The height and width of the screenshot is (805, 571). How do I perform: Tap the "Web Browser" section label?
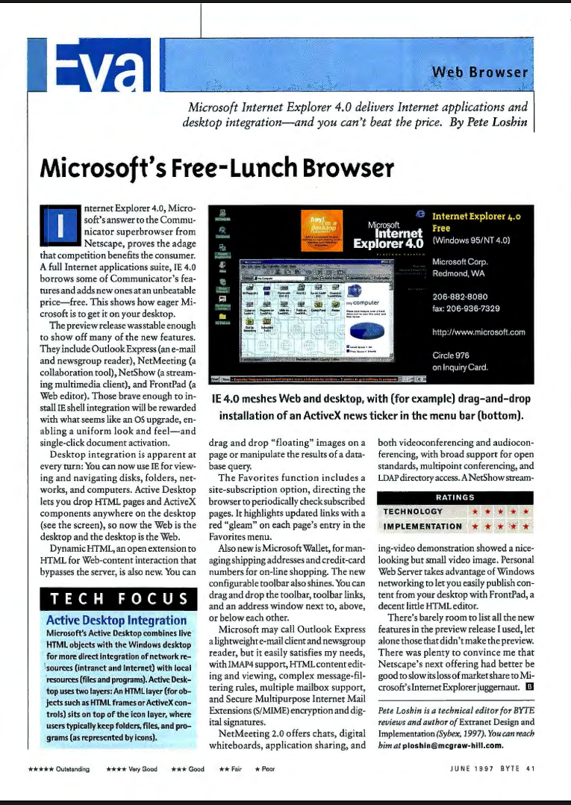[481, 72]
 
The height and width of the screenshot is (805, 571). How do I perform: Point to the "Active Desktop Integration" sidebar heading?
[116, 621]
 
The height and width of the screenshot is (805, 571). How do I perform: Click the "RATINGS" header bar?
[455, 497]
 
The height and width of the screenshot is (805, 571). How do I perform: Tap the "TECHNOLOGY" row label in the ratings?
[413, 512]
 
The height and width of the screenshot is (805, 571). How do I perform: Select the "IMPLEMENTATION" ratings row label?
[422, 526]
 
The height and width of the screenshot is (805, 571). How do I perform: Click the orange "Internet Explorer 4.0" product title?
[475, 216]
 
